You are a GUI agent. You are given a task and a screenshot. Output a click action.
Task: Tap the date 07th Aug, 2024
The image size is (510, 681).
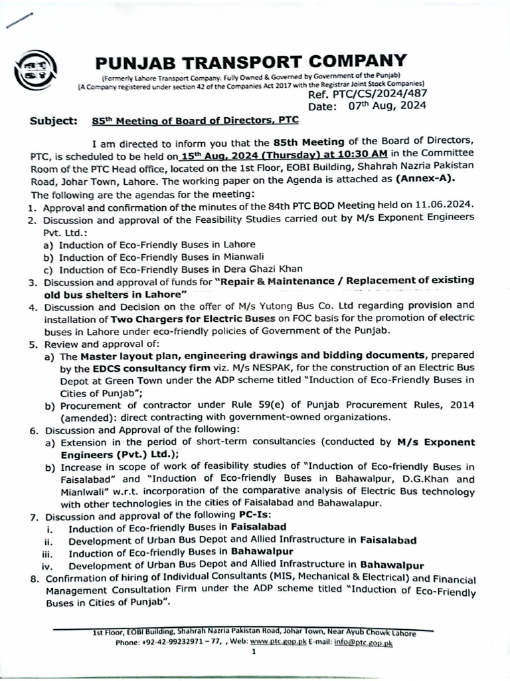pos(386,106)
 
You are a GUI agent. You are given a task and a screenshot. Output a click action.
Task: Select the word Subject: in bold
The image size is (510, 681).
pos(54,121)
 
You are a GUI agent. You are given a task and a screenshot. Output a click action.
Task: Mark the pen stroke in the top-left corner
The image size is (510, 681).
pos(17,21)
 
